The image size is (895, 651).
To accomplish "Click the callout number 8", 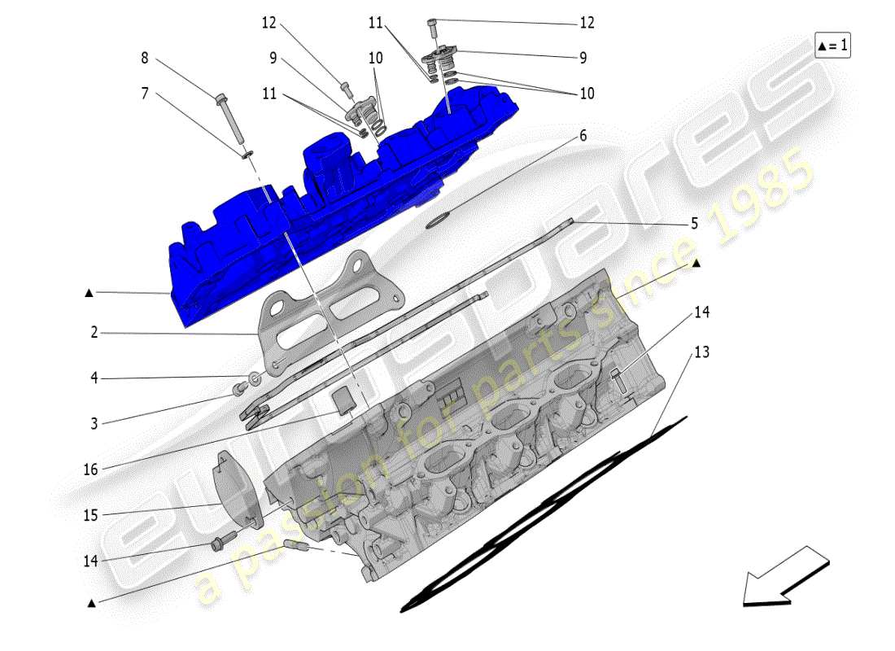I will [x=145, y=58].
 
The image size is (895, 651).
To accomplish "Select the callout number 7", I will [x=145, y=94].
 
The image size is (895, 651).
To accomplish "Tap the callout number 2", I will [x=94, y=332].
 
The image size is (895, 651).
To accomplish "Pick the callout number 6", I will [x=605, y=137].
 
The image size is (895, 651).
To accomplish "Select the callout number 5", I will [x=694, y=223].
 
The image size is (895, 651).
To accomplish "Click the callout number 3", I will [x=94, y=423].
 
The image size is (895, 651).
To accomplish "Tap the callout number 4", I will [x=94, y=378].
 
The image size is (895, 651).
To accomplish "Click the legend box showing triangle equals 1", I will [x=832, y=46].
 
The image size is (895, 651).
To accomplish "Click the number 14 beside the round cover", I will [x=89, y=561].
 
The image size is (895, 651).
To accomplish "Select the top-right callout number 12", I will [x=587, y=23].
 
